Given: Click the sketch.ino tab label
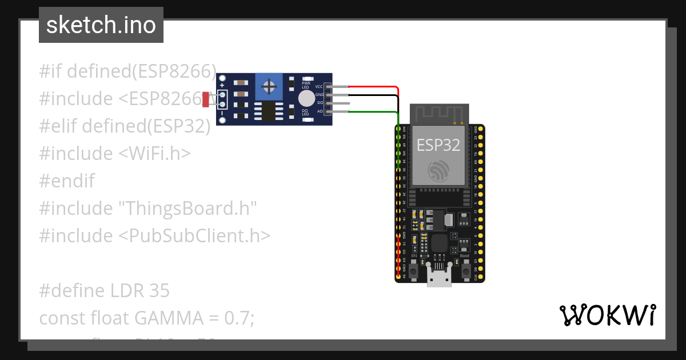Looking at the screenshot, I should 101,25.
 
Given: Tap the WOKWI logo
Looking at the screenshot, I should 607,315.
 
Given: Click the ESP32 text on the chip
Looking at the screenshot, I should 438,145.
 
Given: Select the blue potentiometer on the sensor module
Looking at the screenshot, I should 268,87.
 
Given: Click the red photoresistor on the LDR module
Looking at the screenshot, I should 205,99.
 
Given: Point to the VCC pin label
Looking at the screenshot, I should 319,87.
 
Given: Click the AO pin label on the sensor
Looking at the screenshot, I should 320,111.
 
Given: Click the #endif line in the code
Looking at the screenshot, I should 67,181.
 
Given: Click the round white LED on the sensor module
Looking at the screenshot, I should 306,98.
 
